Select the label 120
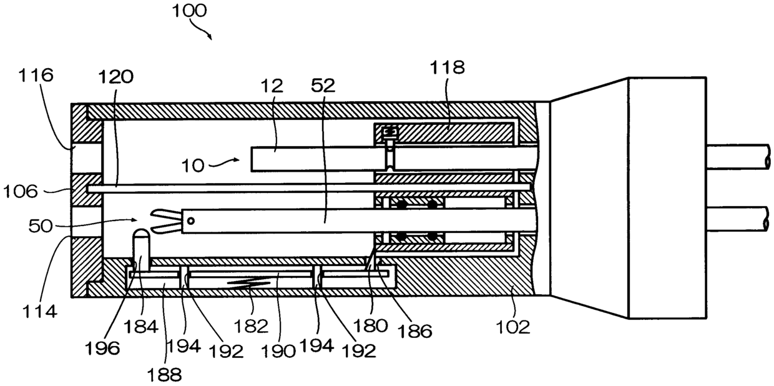pyautogui.click(x=116, y=76)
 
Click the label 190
pyautogui.click(x=281, y=350)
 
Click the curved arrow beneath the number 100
pyautogui.click(x=200, y=30)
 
